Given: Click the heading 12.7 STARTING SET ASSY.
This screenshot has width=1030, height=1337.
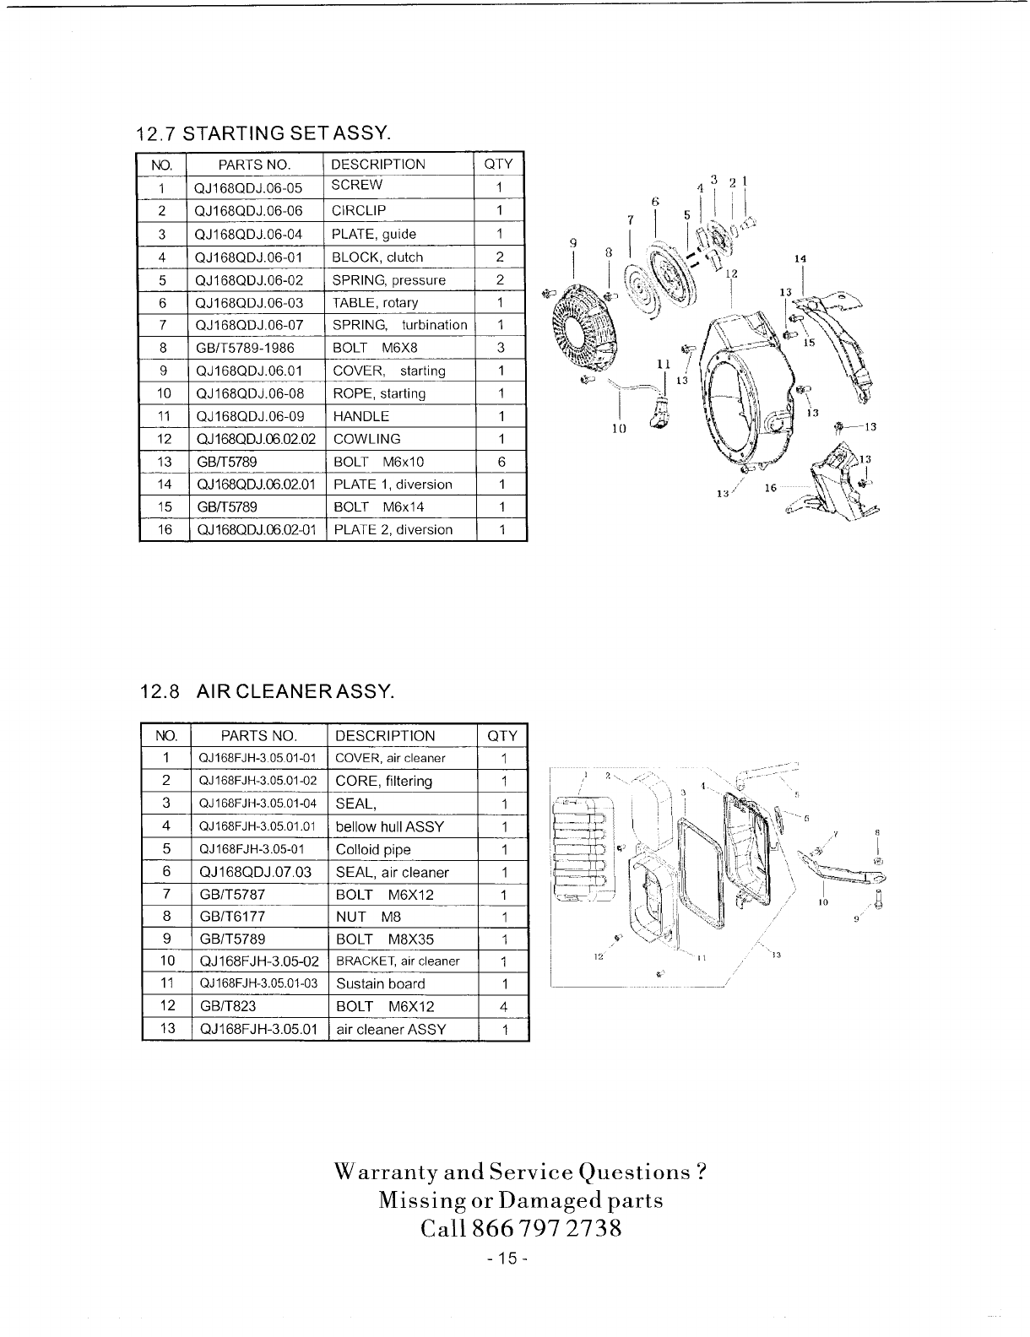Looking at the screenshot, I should click(x=263, y=133).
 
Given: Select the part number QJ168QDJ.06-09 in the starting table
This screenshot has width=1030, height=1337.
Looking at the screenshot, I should click(x=249, y=416).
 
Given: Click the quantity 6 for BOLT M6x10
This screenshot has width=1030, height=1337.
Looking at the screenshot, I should click(x=501, y=462).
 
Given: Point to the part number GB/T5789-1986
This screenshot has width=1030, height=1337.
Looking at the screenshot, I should click(x=249, y=348).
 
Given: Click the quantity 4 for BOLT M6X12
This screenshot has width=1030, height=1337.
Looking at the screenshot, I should click(x=503, y=1006).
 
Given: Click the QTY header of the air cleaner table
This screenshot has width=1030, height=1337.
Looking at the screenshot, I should click(x=502, y=735).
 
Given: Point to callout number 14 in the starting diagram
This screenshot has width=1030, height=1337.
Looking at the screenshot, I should click(x=801, y=258).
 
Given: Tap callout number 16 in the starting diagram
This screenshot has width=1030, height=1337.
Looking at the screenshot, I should click(x=770, y=489).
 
